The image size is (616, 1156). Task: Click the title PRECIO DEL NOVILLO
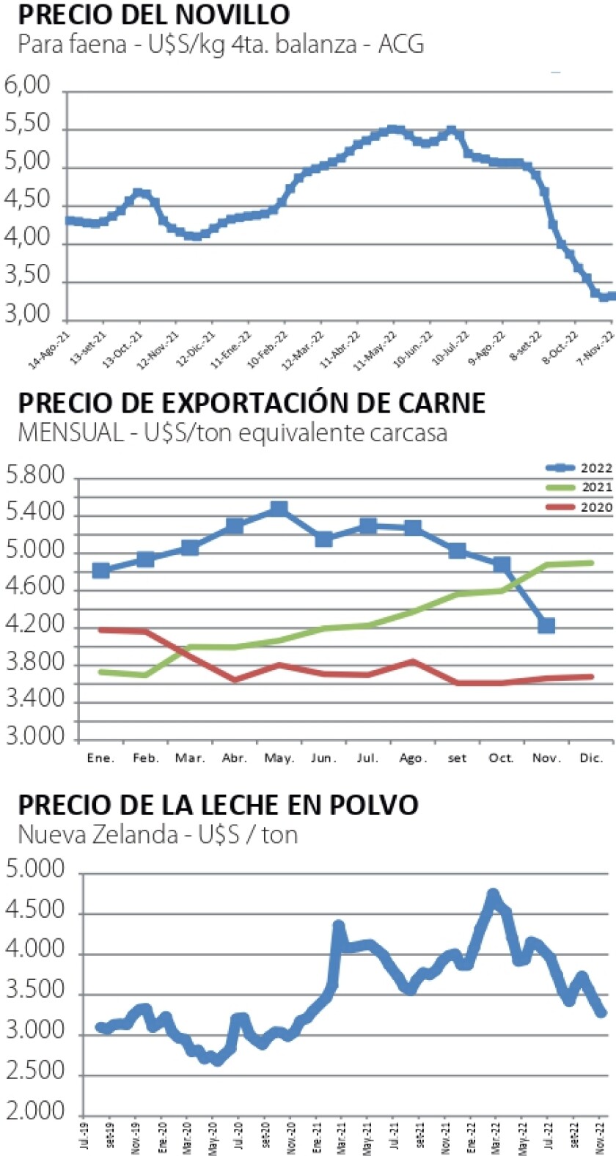(153, 14)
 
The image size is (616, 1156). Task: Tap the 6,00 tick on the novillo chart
(27, 86)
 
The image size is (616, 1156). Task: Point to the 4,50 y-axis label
(27, 200)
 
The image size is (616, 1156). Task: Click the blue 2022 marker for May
(279, 509)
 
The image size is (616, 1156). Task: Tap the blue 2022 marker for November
(546, 625)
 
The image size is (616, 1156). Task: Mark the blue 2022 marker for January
(101, 570)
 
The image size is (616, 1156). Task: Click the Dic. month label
(591, 758)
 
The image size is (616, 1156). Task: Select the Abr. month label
(235, 758)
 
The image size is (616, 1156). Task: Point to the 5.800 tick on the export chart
(36, 477)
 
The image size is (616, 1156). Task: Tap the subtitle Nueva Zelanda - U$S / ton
(158, 835)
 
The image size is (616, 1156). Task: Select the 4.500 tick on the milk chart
(37, 913)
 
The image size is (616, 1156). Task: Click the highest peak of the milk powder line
(493, 896)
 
